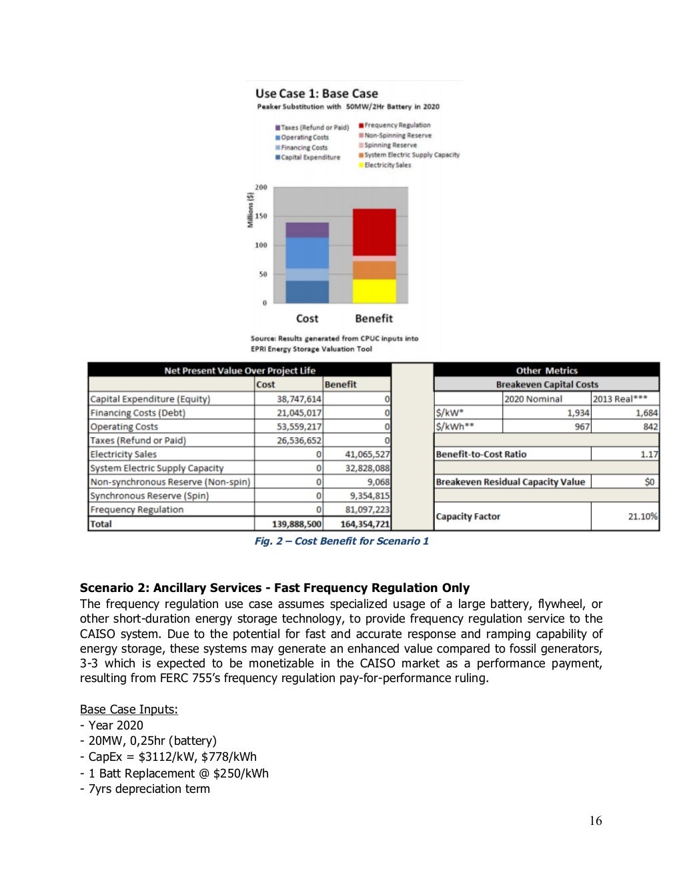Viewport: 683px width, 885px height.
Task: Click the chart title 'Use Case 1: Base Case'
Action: pos(316,94)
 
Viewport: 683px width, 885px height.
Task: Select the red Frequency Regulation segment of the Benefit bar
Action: pos(374,232)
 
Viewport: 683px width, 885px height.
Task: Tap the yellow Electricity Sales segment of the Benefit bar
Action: pos(374,291)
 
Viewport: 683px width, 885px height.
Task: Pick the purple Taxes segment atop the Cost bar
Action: pos(307,230)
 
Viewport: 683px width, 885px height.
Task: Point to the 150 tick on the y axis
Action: pos(261,216)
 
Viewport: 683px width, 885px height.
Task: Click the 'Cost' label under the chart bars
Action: pos(307,319)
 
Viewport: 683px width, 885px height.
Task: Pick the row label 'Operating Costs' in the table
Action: pos(124,426)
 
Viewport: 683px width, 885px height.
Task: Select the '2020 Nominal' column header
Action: pos(533,399)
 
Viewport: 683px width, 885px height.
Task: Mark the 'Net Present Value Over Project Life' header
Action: pos(239,370)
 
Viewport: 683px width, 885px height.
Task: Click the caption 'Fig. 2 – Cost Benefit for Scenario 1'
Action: pos(341,541)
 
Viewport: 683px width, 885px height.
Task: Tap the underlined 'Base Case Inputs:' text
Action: pos(129,709)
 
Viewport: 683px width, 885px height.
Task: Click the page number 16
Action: pos(595,821)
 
